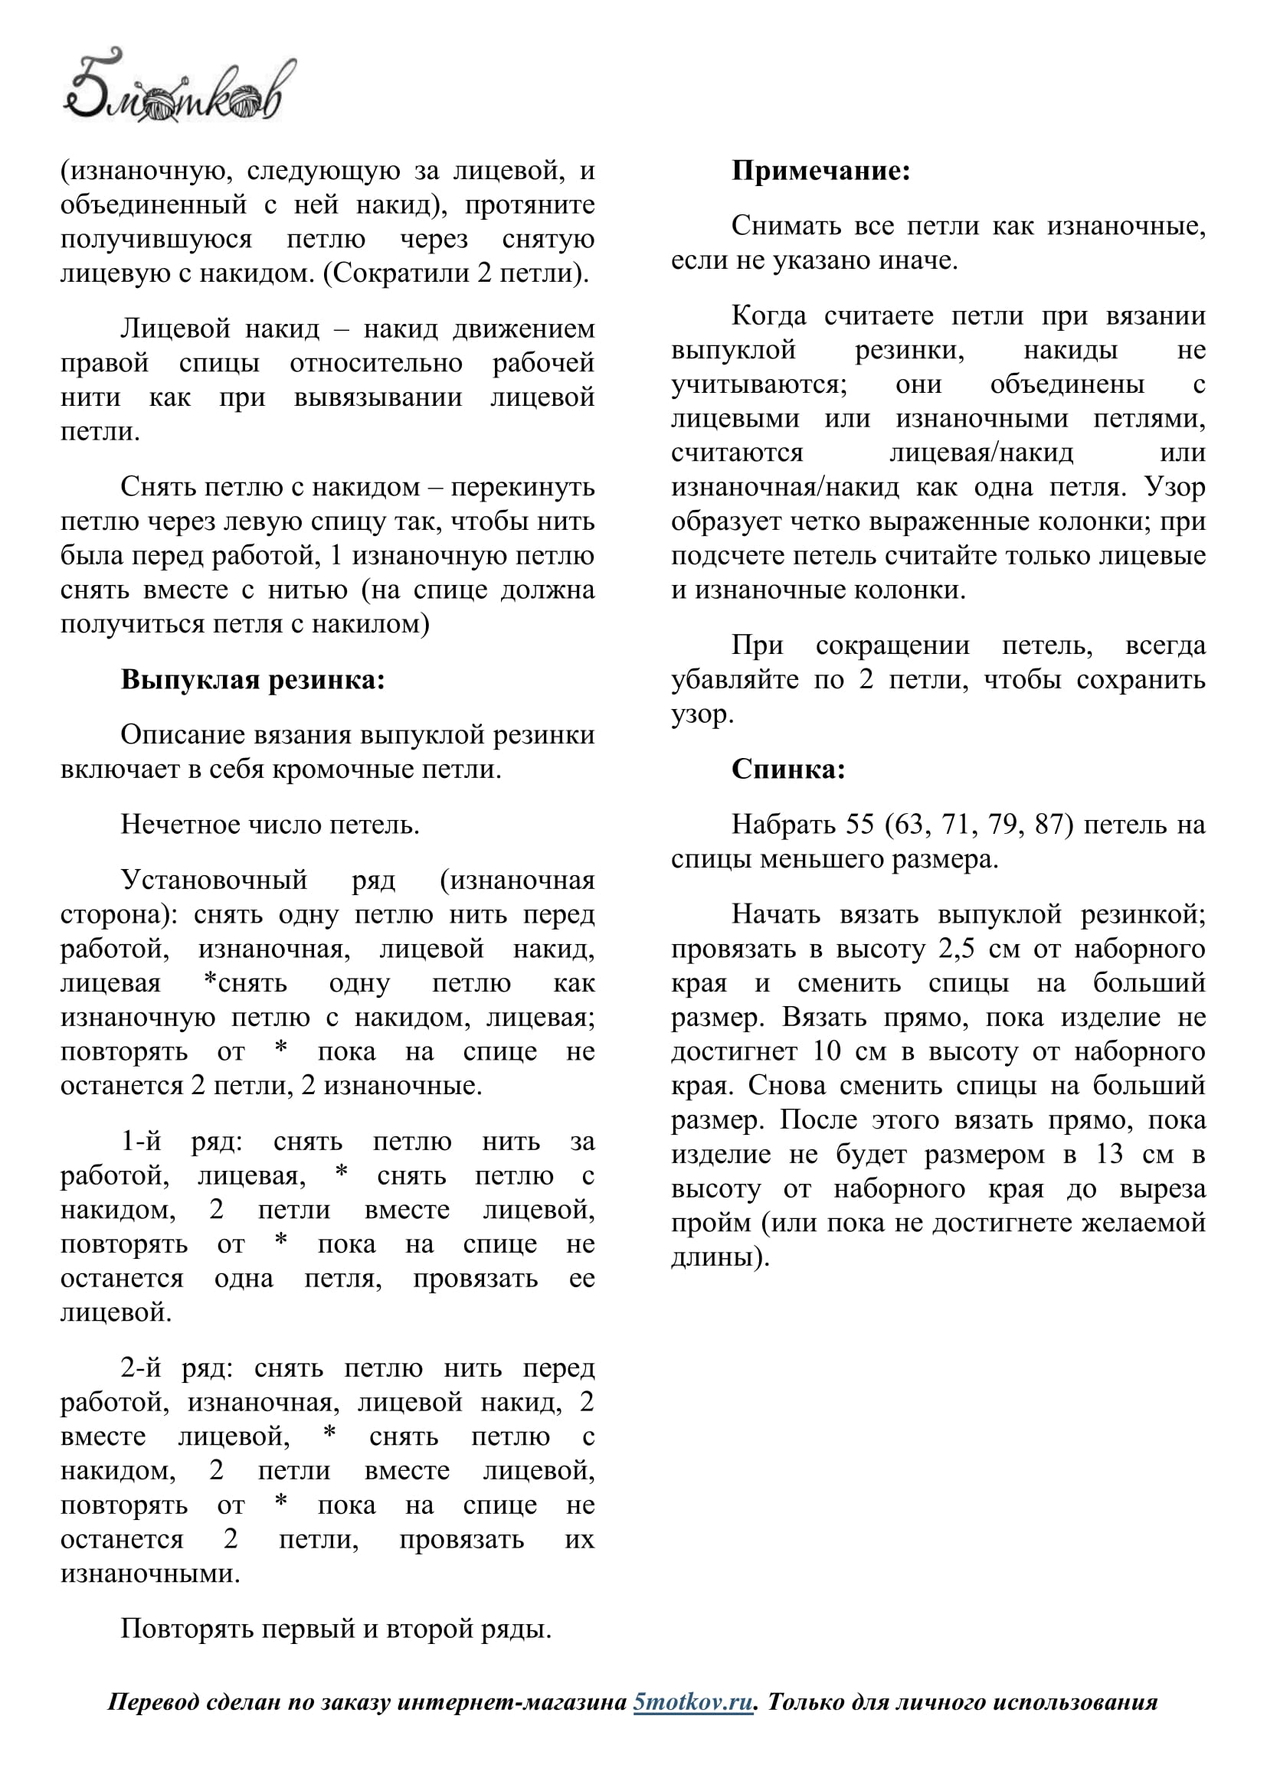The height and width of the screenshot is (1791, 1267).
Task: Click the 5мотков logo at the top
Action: tap(178, 87)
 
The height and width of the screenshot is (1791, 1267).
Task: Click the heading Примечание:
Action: tap(820, 171)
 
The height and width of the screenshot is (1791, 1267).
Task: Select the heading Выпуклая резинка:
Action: tap(253, 679)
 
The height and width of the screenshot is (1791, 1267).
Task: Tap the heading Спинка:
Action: tap(788, 769)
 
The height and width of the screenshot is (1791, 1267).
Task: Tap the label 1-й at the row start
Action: tap(141, 1142)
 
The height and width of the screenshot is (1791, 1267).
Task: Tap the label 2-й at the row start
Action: tap(141, 1368)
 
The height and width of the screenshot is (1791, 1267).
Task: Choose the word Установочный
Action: tap(214, 880)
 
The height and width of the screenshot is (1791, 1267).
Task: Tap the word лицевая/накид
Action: tap(981, 453)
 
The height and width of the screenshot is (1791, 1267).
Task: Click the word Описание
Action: tap(178, 735)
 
